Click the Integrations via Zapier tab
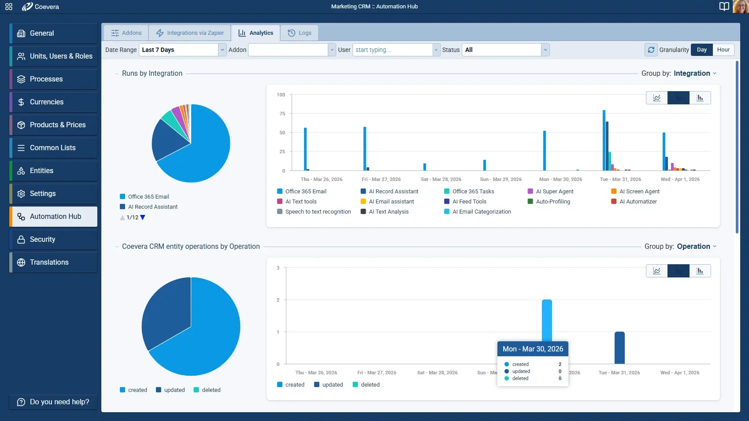coord(190,33)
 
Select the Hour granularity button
coord(723,50)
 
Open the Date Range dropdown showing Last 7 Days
coord(182,50)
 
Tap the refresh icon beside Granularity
coord(651,50)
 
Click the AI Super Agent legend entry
coord(554,192)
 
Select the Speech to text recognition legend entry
coord(317,212)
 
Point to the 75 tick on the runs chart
coord(282,114)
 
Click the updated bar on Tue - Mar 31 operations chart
coord(619,347)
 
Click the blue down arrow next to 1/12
coord(142,218)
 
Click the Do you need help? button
coord(53,402)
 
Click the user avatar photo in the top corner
coord(740,7)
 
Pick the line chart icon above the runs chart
coord(656,98)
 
